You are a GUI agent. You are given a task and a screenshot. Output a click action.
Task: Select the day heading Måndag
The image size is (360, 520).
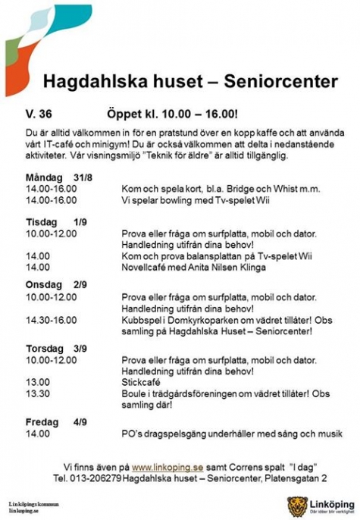pos(44,177)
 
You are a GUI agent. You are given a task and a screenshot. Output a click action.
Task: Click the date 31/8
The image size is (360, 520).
pos(83,177)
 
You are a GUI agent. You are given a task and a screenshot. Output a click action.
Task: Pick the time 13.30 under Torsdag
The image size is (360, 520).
pos(36,393)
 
